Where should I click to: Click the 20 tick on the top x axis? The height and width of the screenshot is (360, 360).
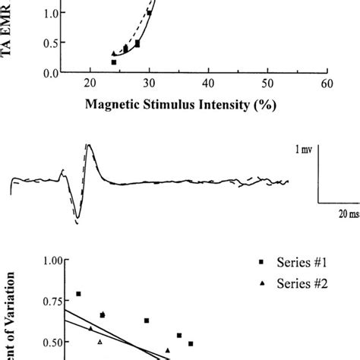[x=90, y=84]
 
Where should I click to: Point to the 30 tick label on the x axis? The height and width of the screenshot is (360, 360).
[x=150, y=84]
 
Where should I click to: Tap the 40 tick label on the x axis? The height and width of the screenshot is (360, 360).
[x=209, y=84]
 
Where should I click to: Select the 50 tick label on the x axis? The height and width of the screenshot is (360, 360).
[x=267, y=84]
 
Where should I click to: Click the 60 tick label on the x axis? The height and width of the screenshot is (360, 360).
[x=326, y=84]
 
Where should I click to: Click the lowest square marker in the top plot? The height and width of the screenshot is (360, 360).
[x=113, y=62]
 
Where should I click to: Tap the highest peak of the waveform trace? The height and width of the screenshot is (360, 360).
[x=89, y=145]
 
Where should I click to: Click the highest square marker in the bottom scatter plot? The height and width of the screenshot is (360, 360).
[x=78, y=293]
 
